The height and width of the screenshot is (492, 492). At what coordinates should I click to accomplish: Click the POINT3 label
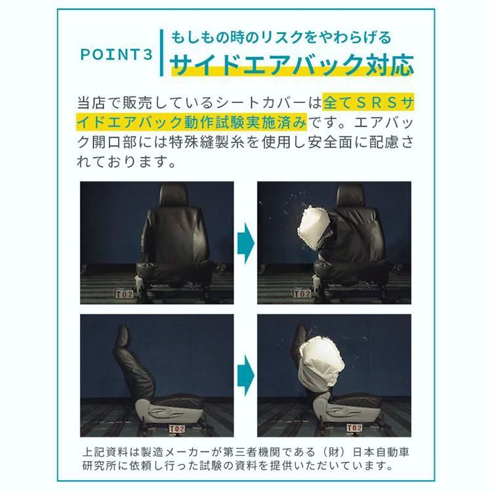coord(115,54)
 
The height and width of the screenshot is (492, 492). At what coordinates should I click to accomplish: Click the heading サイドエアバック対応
coord(292,65)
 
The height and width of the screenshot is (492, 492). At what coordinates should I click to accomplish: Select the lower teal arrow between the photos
coord(245,373)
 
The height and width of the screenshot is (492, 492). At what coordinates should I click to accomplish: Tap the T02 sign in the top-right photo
coord(300,293)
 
